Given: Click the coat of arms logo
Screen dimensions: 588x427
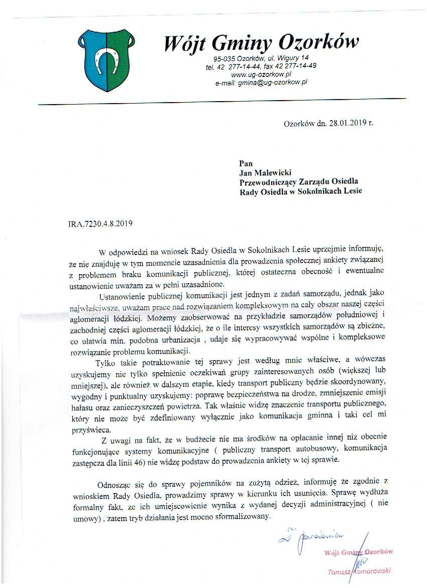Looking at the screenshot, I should point(106,59).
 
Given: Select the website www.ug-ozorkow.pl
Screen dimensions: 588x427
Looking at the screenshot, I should point(259,74).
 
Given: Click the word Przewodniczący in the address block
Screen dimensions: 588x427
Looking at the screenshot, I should point(267,182).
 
